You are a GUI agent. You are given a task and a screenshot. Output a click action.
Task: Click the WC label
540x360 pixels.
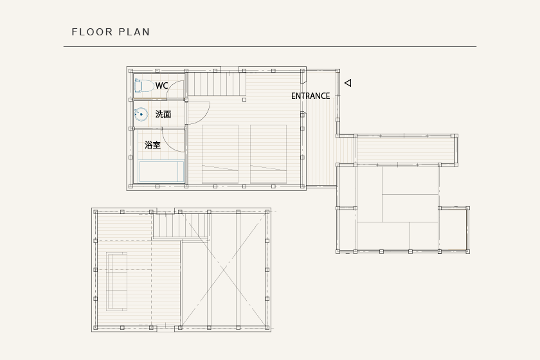pyautogui.click(x=161, y=85)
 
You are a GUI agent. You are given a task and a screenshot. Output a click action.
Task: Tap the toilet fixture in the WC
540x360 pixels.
pyautogui.click(x=143, y=85)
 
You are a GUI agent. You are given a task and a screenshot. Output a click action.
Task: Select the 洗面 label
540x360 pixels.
pyautogui.click(x=163, y=114)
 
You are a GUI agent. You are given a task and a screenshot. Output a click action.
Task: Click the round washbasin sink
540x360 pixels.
pyautogui.click(x=141, y=114)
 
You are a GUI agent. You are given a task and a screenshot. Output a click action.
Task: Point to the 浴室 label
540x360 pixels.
pyautogui.click(x=152, y=145)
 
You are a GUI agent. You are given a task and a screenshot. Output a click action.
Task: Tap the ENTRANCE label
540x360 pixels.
pyautogui.click(x=310, y=96)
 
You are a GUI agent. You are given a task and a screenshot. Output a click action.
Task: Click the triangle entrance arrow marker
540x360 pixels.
pyautogui.click(x=348, y=83)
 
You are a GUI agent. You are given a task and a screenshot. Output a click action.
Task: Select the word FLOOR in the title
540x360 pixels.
pyautogui.click(x=93, y=32)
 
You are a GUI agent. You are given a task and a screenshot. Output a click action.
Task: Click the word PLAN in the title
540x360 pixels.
pyautogui.click(x=134, y=32)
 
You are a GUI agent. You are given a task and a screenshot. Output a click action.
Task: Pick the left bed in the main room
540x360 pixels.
pyautogui.click(x=220, y=154)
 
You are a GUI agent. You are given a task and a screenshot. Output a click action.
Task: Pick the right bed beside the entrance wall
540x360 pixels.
pyautogui.click(x=268, y=154)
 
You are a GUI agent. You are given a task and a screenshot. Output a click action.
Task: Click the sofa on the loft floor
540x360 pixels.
pyautogui.click(x=117, y=282)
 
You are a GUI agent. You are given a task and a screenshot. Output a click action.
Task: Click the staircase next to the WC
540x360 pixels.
pyautogui.click(x=217, y=84)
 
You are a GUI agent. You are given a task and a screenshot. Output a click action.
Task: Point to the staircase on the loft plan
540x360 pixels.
pyautogui.click(x=181, y=226)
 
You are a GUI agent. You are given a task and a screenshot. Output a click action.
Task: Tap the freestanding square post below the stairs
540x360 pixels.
pyautogui.click(x=244, y=100)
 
